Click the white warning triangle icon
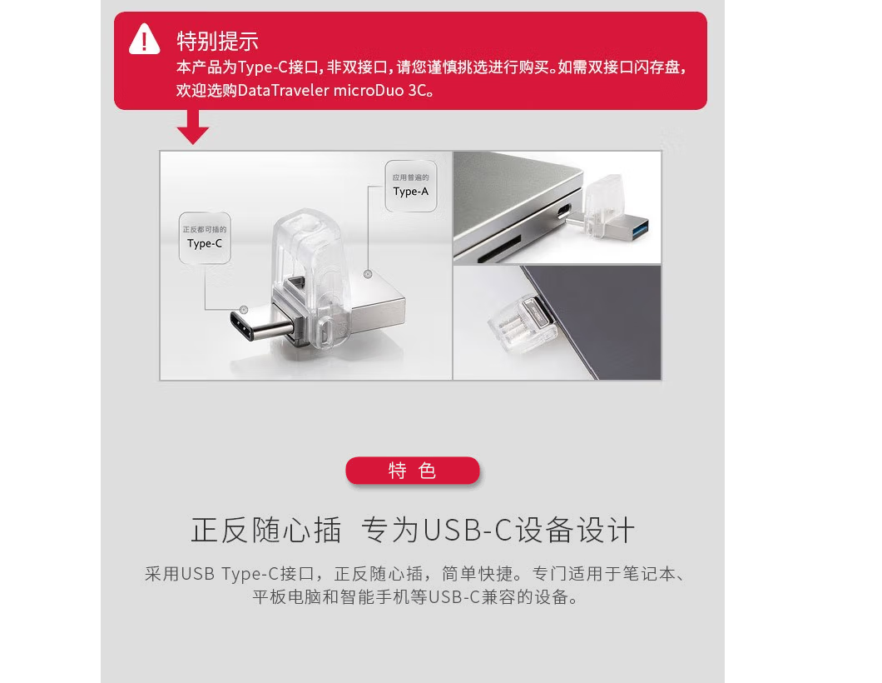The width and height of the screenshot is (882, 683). (x=145, y=39)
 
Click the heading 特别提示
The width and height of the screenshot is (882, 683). (x=217, y=41)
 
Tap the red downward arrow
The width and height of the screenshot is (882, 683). (x=192, y=127)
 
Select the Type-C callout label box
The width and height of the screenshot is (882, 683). (x=205, y=237)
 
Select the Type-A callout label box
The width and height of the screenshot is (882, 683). (x=410, y=186)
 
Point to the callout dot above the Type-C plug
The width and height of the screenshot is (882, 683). (x=244, y=310)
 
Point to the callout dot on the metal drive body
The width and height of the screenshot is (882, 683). (x=368, y=274)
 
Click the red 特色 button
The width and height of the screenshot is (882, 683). (x=413, y=470)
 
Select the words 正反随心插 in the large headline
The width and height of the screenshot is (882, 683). (x=266, y=530)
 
